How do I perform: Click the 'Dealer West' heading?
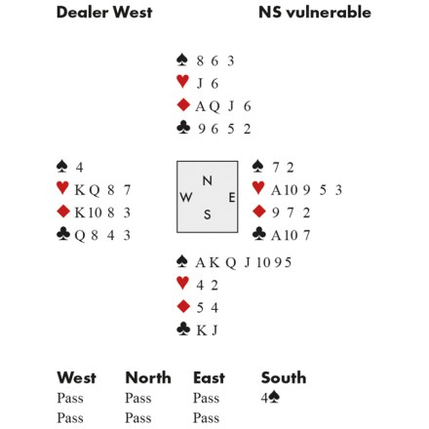point(104,13)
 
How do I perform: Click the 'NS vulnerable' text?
point(315,13)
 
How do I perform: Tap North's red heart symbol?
point(182,81)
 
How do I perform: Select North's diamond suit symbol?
point(183,105)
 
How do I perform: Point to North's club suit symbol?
point(183,128)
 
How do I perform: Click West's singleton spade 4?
point(80,168)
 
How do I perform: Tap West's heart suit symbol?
point(62,188)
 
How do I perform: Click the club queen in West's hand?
point(80,235)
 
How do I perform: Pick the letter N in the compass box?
point(208,180)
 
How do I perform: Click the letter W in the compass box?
point(185,197)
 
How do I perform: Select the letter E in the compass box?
point(231,197)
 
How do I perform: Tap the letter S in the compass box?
point(208,214)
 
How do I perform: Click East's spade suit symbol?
point(258,166)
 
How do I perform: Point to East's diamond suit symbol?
point(259,212)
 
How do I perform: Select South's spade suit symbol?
point(182,261)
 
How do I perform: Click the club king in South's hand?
point(202,331)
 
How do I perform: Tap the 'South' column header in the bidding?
point(284,378)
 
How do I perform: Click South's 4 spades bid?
point(270,398)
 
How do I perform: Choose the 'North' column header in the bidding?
point(148,378)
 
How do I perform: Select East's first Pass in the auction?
point(206,398)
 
